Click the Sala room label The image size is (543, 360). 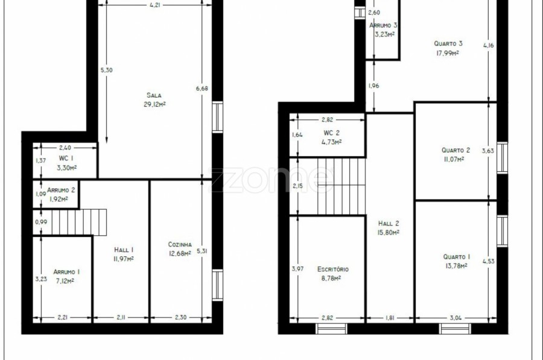[x=154, y=95]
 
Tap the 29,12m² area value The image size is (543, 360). [x=154, y=104]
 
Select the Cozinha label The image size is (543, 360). [x=180, y=244]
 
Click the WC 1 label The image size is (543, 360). [x=66, y=159]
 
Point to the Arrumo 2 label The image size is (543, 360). [x=61, y=190]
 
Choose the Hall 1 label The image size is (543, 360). [x=124, y=250]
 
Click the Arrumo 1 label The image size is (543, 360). [x=66, y=272]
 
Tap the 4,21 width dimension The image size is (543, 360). [x=155, y=5]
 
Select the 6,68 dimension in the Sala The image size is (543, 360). [x=202, y=89]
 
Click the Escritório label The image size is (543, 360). [x=333, y=270]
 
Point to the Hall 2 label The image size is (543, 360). [x=389, y=224]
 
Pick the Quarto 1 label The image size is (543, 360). [x=457, y=257]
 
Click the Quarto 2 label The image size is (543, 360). [x=456, y=150]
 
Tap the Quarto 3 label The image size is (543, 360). [x=448, y=43]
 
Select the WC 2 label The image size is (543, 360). [x=332, y=133]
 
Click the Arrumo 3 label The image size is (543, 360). [x=383, y=25]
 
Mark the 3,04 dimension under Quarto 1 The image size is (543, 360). [x=456, y=318]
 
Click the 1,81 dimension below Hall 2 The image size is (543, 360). [x=390, y=318]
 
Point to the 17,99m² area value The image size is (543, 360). [x=448, y=53]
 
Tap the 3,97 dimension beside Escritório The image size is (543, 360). [x=297, y=268]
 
